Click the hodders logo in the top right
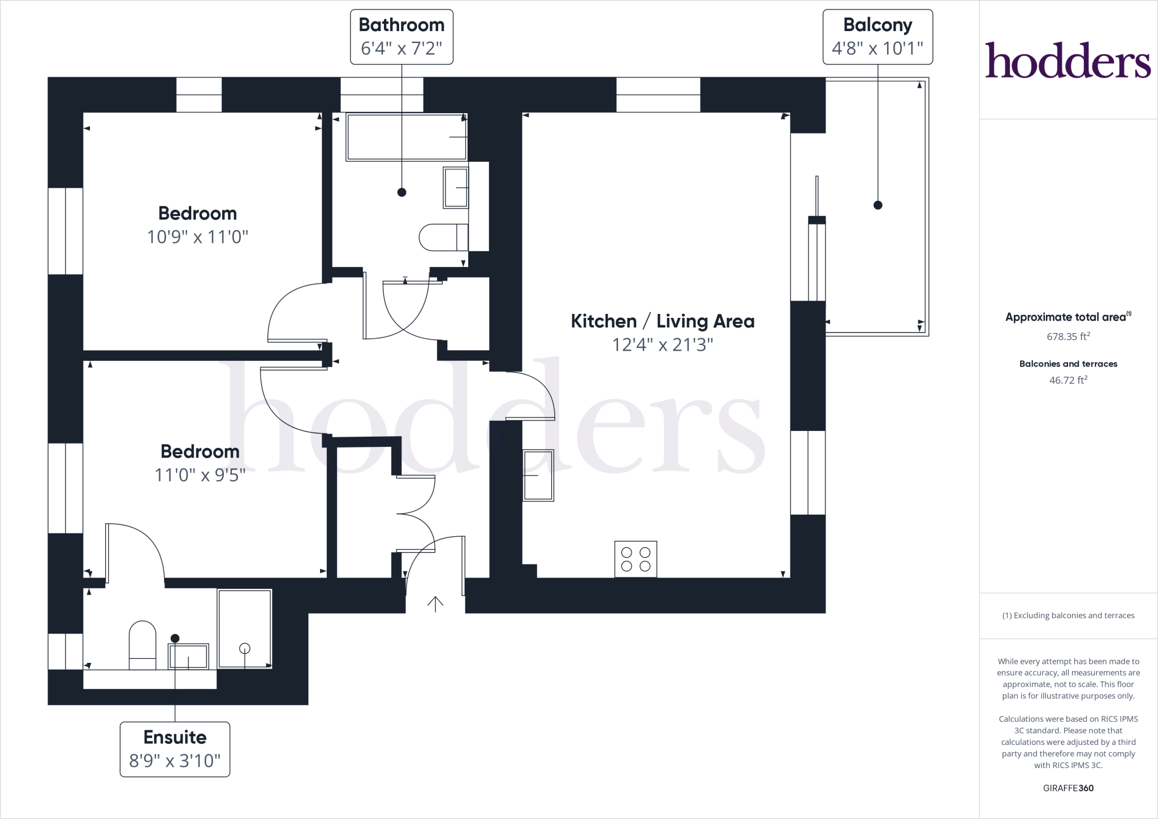tap(1068, 60)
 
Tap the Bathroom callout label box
tap(401, 37)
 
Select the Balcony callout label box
tap(878, 37)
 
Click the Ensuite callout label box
tap(175, 749)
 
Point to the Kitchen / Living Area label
tap(663, 321)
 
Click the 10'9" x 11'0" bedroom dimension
tap(197, 236)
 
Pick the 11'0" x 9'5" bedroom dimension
tap(200, 475)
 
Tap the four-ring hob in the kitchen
tap(636, 559)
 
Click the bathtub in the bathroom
tap(407, 137)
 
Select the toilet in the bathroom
tap(444, 237)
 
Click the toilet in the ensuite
tap(142, 645)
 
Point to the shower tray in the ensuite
tap(244, 628)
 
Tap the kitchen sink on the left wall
tap(538, 475)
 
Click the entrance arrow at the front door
tap(435, 604)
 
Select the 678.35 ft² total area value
tap(1068, 336)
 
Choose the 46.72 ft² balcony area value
tap(1068, 380)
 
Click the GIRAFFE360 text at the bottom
tap(1068, 788)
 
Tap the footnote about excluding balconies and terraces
tap(1068, 615)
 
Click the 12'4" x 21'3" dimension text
tap(663, 344)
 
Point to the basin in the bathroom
tap(456, 187)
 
